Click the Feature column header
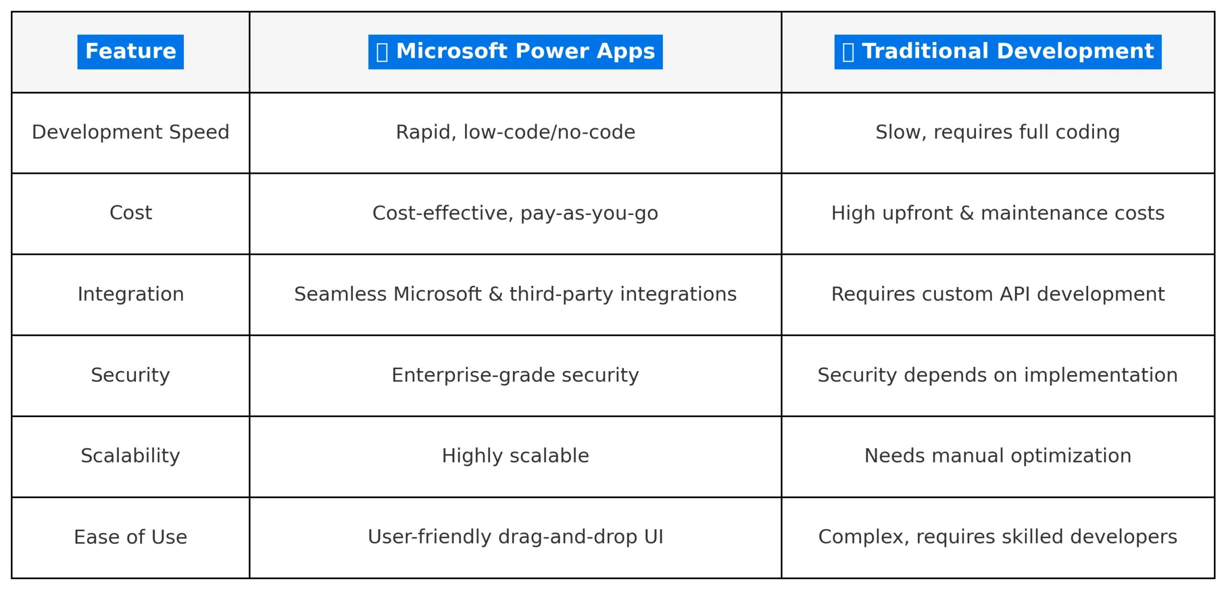[x=130, y=52]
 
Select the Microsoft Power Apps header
[x=515, y=52]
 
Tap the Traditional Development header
[x=998, y=52]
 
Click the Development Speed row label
[x=130, y=132]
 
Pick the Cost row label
[x=130, y=213]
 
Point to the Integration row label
[x=130, y=294]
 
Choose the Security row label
[x=130, y=375]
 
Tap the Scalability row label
[x=130, y=456]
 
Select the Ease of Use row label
[x=130, y=537]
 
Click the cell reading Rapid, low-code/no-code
[x=515, y=132]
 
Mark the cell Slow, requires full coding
[x=998, y=132]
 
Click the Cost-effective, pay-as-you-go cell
[x=515, y=213]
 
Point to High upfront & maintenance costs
[x=998, y=213]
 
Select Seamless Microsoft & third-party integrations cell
[x=515, y=294]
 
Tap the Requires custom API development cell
[x=998, y=294]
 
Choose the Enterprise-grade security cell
[x=515, y=375]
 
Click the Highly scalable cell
[x=515, y=456]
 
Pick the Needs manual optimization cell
[x=998, y=456]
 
